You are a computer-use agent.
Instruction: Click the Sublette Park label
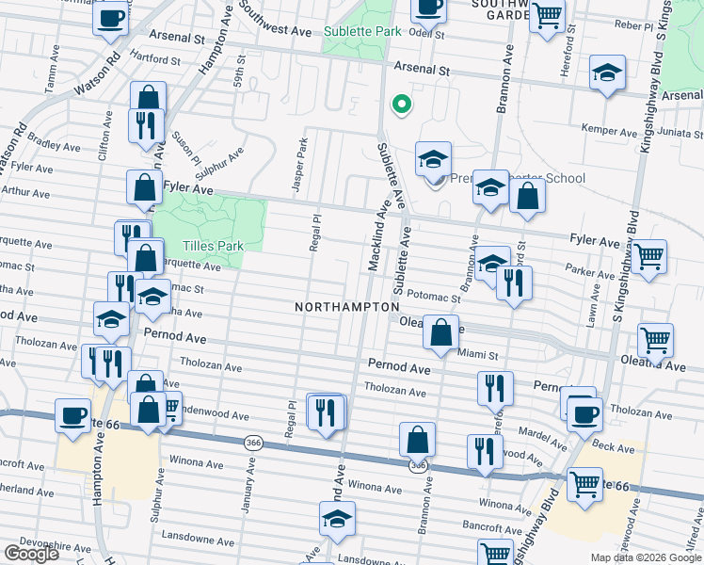tap(361, 31)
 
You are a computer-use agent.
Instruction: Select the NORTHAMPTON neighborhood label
tap(346, 307)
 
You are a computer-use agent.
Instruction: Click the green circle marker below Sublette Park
tap(401, 105)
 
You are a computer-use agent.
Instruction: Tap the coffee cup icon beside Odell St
tap(429, 8)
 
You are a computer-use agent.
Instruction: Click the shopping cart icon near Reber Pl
tap(547, 16)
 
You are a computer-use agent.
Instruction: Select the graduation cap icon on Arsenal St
tap(608, 73)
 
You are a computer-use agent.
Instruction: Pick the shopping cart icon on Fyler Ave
tap(648, 256)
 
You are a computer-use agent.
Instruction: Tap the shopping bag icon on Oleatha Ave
tap(440, 332)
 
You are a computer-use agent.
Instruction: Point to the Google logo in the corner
tap(30, 554)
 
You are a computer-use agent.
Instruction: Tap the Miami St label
tap(478, 355)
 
